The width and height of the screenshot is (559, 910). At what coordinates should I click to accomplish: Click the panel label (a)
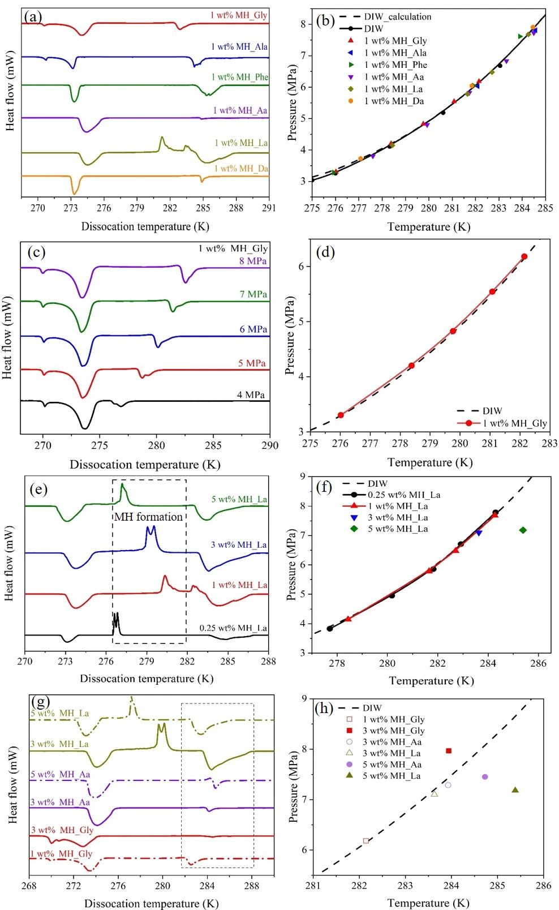(x=33, y=17)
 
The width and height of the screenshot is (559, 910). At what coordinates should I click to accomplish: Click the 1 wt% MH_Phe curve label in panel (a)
(x=240, y=77)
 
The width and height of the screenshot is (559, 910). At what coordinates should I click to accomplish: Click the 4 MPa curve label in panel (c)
(x=251, y=394)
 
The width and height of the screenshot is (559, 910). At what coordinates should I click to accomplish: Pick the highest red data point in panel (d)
(x=524, y=257)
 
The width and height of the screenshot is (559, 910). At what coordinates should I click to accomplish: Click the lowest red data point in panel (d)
(x=341, y=415)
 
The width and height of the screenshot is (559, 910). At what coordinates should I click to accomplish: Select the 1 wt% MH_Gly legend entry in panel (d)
(x=514, y=423)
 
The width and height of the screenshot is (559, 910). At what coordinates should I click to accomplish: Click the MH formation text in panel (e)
(x=149, y=517)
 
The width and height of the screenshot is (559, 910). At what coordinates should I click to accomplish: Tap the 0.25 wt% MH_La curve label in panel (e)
(x=233, y=628)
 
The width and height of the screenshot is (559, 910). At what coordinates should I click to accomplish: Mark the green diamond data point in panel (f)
(x=523, y=530)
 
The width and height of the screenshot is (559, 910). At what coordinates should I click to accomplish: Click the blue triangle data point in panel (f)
(x=479, y=533)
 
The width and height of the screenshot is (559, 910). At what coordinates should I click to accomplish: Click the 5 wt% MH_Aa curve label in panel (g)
(x=60, y=774)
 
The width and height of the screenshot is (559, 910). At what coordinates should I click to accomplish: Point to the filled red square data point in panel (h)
(x=449, y=751)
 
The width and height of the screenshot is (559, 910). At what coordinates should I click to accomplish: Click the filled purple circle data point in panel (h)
(x=485, y=777)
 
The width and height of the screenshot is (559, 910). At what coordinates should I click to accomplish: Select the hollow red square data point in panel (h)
(x=366, y=841)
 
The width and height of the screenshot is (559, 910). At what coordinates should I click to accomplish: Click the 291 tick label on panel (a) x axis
(x=269, y=208)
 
